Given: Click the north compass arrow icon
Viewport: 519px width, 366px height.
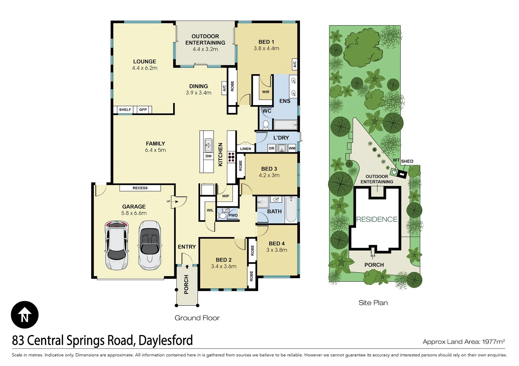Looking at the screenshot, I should click(x=24, y=314).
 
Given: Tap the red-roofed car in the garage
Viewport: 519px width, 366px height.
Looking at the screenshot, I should click(x=117, y=245).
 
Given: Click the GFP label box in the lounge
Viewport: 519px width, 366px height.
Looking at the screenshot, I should click(x=143, y=110).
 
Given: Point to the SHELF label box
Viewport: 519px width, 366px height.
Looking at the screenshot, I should click(x=125, y=110).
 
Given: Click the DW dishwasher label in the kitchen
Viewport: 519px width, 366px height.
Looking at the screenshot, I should click(x=208, y=156).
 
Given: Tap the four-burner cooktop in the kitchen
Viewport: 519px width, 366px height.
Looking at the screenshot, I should click(x=231, y=158).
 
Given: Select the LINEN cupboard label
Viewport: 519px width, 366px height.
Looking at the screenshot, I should click(x=246, y=149).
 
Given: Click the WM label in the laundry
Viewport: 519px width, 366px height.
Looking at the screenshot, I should click(x=292, y=148).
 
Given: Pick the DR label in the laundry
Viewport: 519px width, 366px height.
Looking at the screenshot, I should click(x=271, y=148).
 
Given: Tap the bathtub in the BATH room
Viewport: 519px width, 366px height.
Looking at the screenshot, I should click(x=291, y=209).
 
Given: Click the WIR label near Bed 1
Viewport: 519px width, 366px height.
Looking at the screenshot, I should click(x=266, y=92).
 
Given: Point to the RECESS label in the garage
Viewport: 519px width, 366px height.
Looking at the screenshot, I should click(x=140, y=188).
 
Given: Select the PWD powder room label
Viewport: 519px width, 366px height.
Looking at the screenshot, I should click(x=233, y=216).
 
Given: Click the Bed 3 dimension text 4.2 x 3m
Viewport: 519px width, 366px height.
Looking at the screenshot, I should click(x=269, y=175).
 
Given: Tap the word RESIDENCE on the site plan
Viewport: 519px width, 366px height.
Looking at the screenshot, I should click(x=377, y=219).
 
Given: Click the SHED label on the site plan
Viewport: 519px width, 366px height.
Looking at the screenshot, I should click(x=407, y=161).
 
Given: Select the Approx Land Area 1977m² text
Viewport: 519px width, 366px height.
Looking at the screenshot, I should click(x=464, y=342).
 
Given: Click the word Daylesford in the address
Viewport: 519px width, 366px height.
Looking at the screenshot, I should click(x=165, y=340).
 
